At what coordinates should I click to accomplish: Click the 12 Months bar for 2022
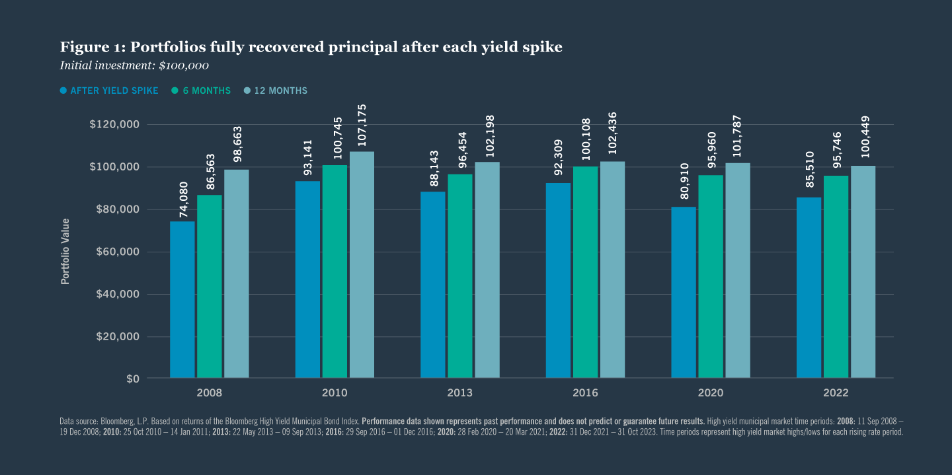(863, 272)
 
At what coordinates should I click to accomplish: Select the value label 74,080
(183, 200)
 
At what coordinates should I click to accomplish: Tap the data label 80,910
(684, 185)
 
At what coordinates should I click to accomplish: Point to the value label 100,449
(863, 139)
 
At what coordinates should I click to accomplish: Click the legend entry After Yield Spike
(109, 91)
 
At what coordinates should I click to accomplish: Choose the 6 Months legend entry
(201, 91)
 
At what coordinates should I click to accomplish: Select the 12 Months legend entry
(275, 91)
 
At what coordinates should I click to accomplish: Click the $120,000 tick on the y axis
(114, 125)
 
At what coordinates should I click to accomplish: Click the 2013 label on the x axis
(459, 393)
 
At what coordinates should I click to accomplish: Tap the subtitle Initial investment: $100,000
(134, 65)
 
